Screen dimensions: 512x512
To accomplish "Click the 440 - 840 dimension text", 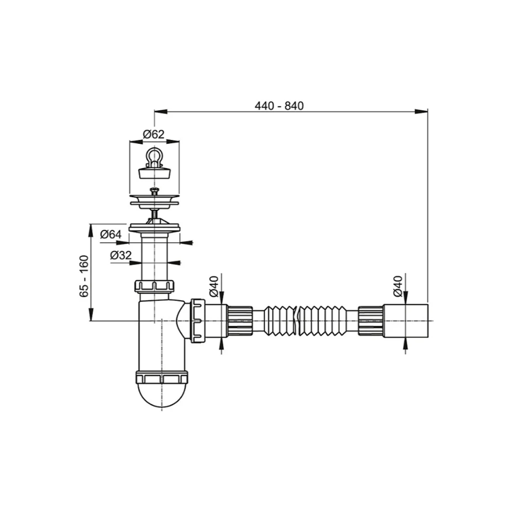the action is [279, 106].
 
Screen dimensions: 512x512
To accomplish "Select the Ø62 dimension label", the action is [154, 134].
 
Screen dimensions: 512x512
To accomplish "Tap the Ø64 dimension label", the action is [111, 234].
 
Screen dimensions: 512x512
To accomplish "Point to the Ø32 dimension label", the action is [121, 254].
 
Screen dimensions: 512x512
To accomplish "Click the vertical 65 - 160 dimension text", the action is [84, 276].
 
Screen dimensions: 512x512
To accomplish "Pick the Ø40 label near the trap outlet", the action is [214, 286].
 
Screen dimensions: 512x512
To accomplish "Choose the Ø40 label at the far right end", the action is [398, 286].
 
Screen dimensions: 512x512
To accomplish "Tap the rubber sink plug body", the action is [155, 173].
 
